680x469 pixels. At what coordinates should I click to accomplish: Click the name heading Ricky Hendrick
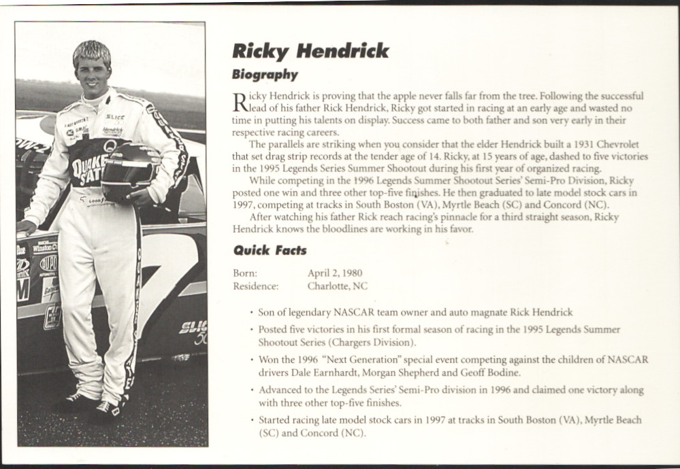coord(310,51)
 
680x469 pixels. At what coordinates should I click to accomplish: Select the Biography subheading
coord(265,75)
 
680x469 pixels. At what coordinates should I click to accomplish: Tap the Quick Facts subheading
coord(270,250)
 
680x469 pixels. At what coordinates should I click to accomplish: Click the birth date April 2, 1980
coord(334,273)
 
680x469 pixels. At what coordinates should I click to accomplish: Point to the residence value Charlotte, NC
coord(337,286)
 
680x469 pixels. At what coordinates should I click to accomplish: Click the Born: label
coord(245,273)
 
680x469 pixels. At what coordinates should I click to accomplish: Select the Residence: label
coord(255,286)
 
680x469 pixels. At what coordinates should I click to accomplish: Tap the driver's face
coord(93,75)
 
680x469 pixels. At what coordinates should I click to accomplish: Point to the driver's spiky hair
coord(92,51)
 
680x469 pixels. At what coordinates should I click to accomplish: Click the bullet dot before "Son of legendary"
coord(252,313)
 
